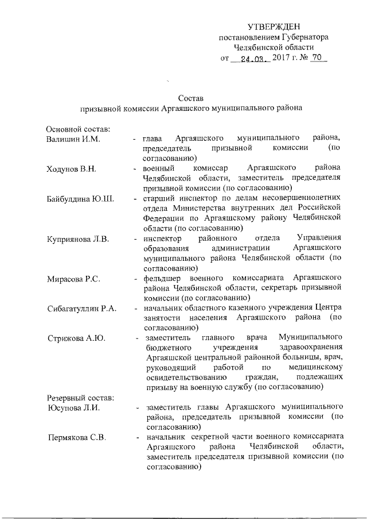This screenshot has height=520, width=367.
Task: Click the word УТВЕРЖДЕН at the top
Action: point(274,27)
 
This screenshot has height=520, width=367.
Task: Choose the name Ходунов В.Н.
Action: point(71,168)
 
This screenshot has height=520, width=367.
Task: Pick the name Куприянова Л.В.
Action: point(79,238)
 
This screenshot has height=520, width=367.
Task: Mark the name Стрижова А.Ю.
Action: point(75,338)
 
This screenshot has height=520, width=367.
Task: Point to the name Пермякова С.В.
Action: point(75,439)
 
